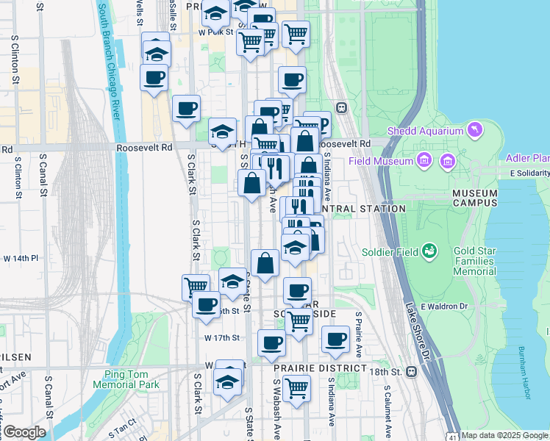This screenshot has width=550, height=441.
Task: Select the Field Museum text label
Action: (381, 161)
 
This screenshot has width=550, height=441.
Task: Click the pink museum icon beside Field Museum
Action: (424, 160)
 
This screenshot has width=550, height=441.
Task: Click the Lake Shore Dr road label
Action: (417, 331)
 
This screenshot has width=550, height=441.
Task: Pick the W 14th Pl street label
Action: (21, 259)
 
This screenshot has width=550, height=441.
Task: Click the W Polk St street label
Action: (215, 32)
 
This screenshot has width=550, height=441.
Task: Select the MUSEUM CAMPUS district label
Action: (475, 197)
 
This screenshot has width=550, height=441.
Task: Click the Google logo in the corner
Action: (24, 431)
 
